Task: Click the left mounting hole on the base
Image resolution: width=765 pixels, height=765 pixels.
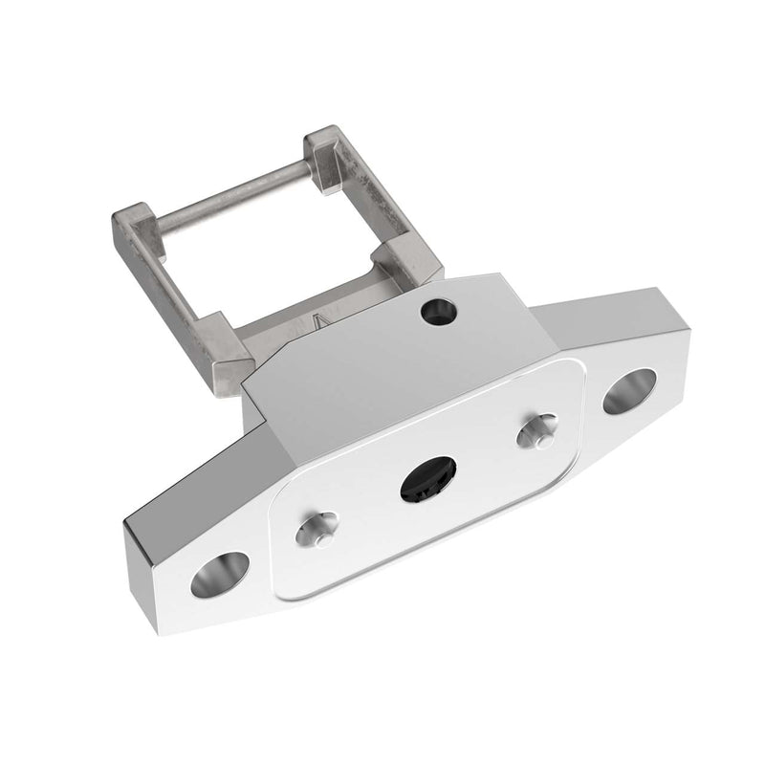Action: point(219,574)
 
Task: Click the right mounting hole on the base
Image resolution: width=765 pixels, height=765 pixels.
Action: point(628,391)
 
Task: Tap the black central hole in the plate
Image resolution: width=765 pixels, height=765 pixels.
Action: point(427,477)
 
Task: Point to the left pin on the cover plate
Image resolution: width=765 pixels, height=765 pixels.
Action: point(316,529)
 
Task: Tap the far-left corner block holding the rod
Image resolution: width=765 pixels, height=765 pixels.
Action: point(133,224)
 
